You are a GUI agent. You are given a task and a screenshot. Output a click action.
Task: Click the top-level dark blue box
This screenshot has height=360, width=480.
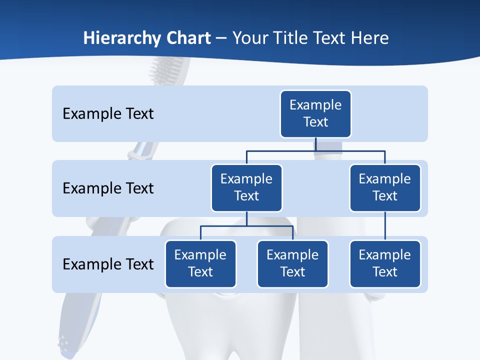click(315, 113)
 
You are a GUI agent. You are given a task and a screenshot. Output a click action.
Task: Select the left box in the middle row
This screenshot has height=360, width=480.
click(246, 187)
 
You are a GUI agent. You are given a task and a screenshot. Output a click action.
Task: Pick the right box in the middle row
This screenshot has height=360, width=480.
click(385, 187)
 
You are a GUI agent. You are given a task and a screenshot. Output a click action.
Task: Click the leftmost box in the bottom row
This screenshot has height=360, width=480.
click(200, 263)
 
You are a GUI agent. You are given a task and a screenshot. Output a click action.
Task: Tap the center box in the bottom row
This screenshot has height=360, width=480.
click(292, 263)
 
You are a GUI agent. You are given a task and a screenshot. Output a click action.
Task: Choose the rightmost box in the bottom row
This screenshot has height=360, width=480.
click(385, 263)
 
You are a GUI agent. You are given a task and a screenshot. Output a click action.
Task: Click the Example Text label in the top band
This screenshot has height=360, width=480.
click(108, 113)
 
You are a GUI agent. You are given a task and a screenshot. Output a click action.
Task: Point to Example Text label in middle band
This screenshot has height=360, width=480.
click(108, 188)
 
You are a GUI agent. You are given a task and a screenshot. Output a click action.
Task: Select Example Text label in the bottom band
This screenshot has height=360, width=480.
click(108, 264)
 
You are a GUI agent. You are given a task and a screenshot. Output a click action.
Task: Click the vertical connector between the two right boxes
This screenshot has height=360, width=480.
click(385, 226)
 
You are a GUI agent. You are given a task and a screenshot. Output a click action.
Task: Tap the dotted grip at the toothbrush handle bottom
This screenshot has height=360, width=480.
click(63, 342)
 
